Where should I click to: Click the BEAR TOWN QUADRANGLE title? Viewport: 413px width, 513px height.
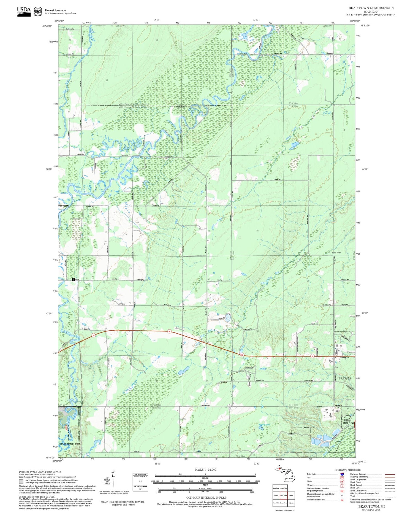click(x=371, y=8)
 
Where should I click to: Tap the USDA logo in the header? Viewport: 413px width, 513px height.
click(x=24, y=11)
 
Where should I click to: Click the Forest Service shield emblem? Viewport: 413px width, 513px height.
click(x=37, y=12)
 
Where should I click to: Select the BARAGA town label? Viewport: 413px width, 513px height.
click(x=345, y=378)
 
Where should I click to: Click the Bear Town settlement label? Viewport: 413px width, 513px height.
click(x=336, y=253)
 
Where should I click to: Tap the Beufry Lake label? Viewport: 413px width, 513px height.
click(x=264, y=425)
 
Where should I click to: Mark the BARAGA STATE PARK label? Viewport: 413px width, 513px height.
click(x=347, y=422)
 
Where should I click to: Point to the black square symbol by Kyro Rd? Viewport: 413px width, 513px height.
click(x=73, y=279)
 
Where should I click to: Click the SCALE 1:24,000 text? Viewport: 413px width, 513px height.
click(x=205, y=469)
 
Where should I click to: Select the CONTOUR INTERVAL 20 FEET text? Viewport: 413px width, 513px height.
click(x=206, y=498)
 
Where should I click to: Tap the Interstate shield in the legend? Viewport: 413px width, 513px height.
click(x=342, y=474)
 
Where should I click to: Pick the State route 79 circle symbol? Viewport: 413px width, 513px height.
click(x=342, y=482)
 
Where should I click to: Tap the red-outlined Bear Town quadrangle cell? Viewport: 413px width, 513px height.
click(x=284, y=495)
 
